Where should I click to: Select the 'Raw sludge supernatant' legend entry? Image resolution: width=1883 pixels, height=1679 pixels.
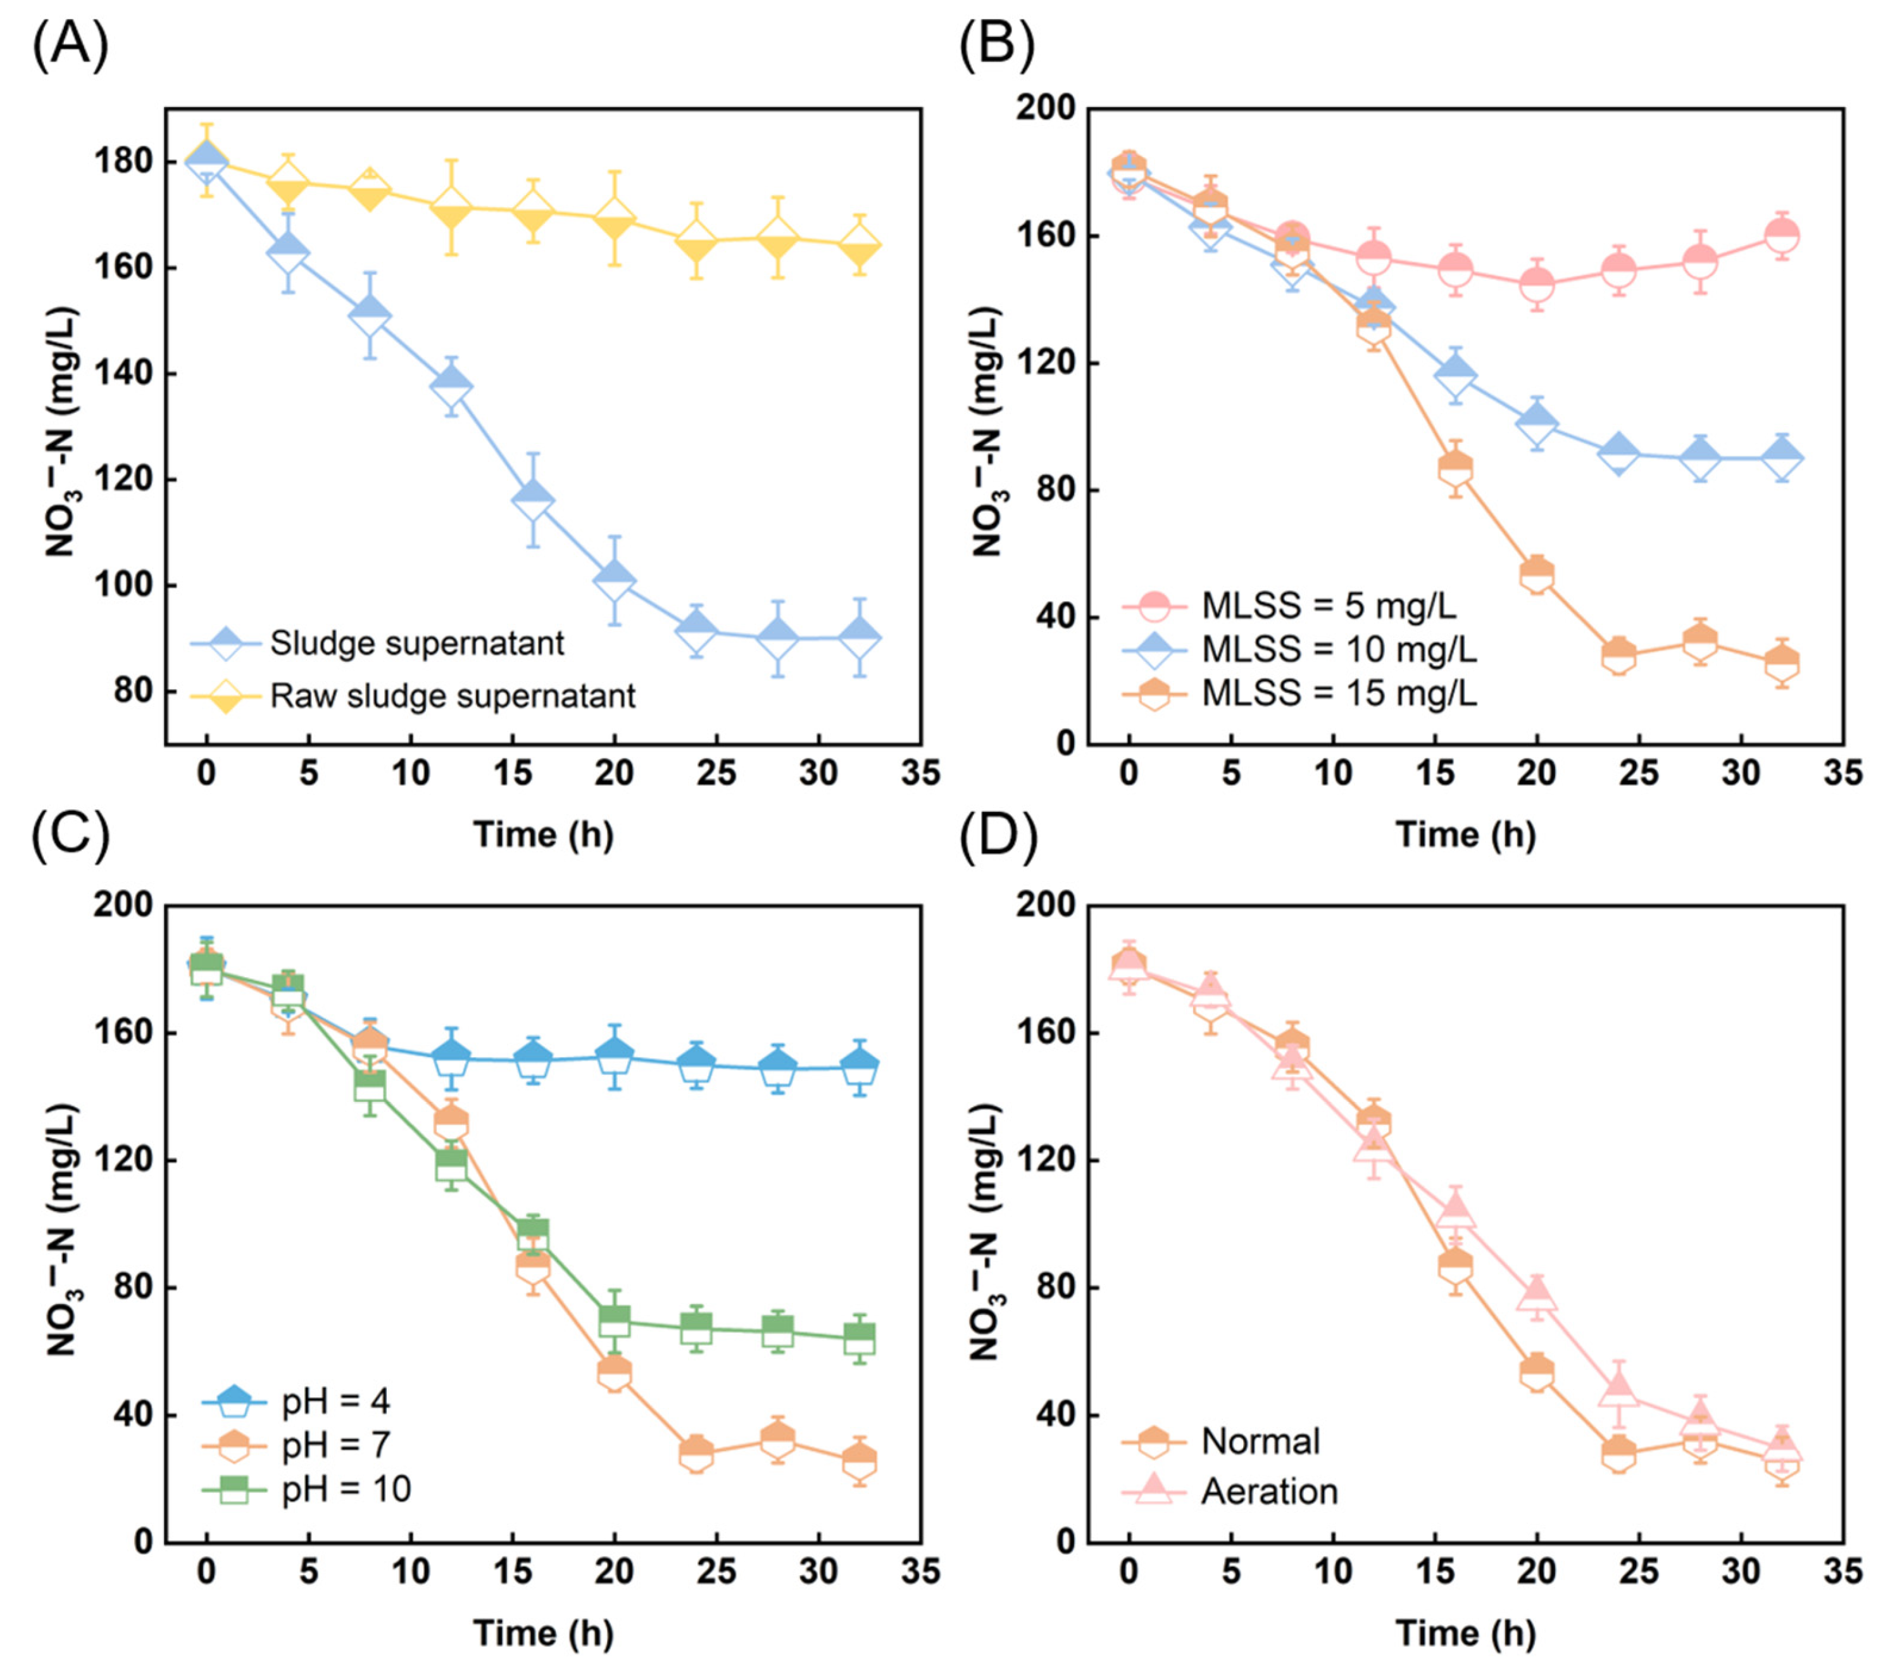click(452, 695)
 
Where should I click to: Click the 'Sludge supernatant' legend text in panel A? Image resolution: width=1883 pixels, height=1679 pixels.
click(417, 643)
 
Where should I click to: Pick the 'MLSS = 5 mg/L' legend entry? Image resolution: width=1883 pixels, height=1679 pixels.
click(1329, 606)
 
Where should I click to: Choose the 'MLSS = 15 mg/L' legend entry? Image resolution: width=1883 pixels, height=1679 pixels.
click(1338, 692)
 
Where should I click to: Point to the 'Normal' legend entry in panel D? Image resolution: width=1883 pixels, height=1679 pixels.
click(1260, 1441)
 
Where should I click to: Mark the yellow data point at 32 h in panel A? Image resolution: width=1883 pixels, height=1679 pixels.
click(860, 245)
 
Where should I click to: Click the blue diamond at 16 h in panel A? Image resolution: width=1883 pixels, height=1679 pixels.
click(533, 498)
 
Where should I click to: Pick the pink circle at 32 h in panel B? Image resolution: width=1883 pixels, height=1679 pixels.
click(1782, 235)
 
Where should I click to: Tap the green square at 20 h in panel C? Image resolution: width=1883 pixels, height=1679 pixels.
click(614, 1320)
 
